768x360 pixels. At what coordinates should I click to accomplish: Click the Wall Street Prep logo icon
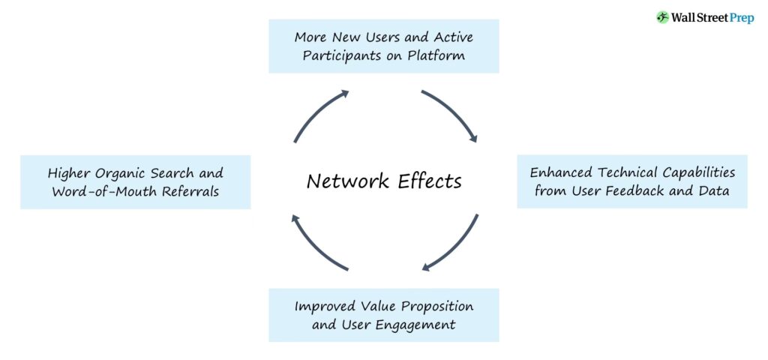coord(662,17)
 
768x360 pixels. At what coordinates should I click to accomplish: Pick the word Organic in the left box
coord(115,172)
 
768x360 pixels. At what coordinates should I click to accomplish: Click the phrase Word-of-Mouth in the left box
coord(100,191)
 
